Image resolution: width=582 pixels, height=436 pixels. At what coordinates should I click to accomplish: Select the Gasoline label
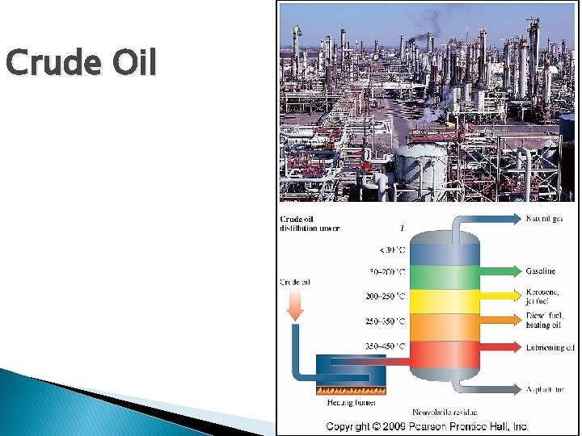pyautogui.click(x=541, y=271)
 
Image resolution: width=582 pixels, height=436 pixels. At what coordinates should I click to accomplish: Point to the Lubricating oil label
pyautogui.click(x=550, y=347)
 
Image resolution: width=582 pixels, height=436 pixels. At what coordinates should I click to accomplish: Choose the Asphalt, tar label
pyautogui.click(x=546, y=389)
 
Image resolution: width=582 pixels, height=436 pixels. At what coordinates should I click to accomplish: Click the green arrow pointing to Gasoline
pyautogui.click(x=500, y=271)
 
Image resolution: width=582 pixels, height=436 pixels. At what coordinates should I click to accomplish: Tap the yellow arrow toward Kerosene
pyautogui.click(x=500, y=296)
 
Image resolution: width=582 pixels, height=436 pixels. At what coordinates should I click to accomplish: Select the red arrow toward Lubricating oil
pyautogui.click(x=500, y=347)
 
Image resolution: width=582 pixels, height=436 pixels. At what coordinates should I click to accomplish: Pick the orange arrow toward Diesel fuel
pyautogui.click(x=500, y=320)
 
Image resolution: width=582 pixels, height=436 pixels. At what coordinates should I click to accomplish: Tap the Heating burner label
pyautogui.click(x=340, y=402)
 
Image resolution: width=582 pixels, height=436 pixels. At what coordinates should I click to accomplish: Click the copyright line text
pyautogui.click(x=427, y=426)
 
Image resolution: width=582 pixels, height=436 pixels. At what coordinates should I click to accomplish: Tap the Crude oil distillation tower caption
pyautogui.click(x=310, y=223)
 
